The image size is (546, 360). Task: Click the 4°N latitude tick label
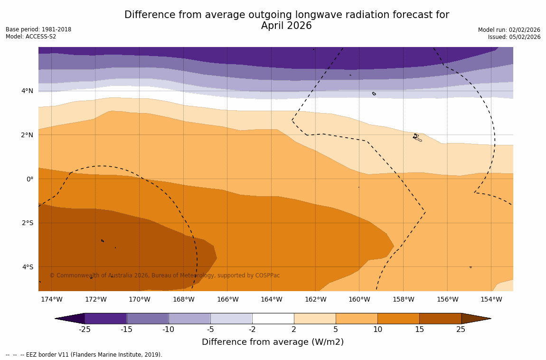[x=28, y=91]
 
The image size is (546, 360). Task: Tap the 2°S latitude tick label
[x=28, y=223]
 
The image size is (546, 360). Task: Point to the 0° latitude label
[x=29, y=179]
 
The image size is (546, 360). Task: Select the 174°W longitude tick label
[x=51, y=299]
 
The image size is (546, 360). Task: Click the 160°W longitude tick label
[x=359, y=299]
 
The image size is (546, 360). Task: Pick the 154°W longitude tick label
[x=491, y=299]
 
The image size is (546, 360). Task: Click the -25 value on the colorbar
[x=85, y=330]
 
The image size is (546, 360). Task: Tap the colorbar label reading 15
[x=419, y=330]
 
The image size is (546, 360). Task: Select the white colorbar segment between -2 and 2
[x=273, y=318]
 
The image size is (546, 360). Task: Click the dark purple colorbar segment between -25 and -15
[x=105, y=318]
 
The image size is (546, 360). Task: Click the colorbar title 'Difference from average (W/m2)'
[x=273, y=342]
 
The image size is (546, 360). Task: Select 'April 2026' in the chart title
[x=286, y=26]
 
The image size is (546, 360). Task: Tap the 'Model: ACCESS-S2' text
[x=31, y=37]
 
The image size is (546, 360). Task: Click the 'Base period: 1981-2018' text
[x=38, y=29]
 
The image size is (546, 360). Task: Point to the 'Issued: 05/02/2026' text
[x=514, y=37]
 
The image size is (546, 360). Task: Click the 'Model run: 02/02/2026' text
[x=509, y=29]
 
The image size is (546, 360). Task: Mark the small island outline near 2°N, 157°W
[x=417, y=137]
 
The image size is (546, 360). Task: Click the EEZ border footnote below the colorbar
[x=84, y=355]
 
